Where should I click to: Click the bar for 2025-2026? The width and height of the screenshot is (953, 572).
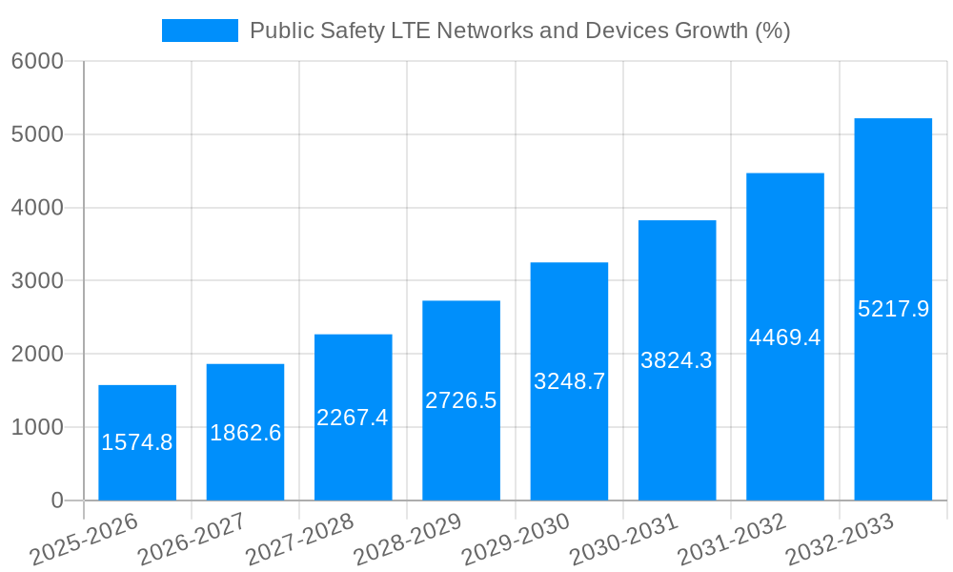coord(137,410)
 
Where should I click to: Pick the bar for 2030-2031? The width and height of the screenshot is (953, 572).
coord(677,286)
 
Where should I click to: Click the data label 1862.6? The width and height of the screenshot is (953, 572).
coord(245,433)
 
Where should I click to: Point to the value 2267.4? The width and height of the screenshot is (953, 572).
coord(353,418)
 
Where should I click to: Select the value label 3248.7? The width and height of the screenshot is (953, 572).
coord(569,382)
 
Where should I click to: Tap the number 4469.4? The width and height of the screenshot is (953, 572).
coord(784,337)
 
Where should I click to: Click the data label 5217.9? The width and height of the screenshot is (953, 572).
coord(893,309)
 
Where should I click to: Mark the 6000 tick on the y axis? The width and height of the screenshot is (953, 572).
coord(37,62)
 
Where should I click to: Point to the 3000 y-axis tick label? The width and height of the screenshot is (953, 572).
coord(37,281)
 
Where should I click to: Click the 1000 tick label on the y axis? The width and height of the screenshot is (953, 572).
coord(37,428)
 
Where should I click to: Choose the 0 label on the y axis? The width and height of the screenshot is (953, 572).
coord(56,500)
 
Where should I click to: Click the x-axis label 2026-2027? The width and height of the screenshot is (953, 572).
coord(192,540)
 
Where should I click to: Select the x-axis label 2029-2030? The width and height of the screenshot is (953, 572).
coord(516,540)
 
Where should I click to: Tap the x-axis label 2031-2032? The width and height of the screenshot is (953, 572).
coord(732,540)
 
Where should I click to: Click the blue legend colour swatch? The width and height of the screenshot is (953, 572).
coord(200,31)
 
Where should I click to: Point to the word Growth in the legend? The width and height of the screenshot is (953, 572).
coord(711,31)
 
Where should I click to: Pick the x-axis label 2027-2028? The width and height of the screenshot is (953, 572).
coord(299,540)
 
